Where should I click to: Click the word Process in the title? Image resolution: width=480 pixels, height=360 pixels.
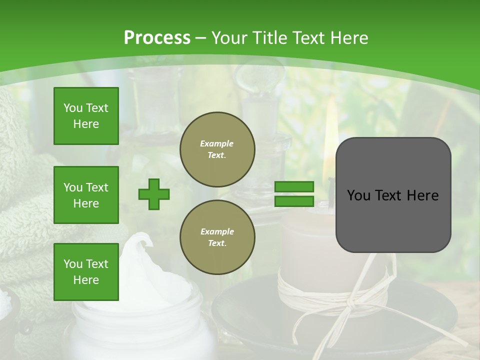click(157, 38)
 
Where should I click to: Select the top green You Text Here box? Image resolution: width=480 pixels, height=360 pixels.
click(86, 116)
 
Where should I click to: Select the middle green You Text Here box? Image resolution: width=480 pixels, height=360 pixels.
click(86, 195)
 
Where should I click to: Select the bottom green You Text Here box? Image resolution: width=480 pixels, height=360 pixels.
click(86, 272)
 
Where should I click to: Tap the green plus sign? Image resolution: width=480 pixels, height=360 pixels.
click(154, 194)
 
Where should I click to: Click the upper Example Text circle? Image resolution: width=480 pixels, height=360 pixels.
click(217, 149)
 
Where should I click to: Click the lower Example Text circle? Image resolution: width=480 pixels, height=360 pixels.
click(217, 237)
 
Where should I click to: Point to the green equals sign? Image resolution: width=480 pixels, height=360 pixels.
click(294, 194)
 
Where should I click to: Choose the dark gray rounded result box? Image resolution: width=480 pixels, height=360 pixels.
click(393, 195)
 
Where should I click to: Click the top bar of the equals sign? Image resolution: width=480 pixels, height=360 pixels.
click(294, 187)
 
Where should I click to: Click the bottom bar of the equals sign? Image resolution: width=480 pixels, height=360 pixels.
click(294, 201)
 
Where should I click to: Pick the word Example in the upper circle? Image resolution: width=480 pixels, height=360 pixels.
click(217, 143)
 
